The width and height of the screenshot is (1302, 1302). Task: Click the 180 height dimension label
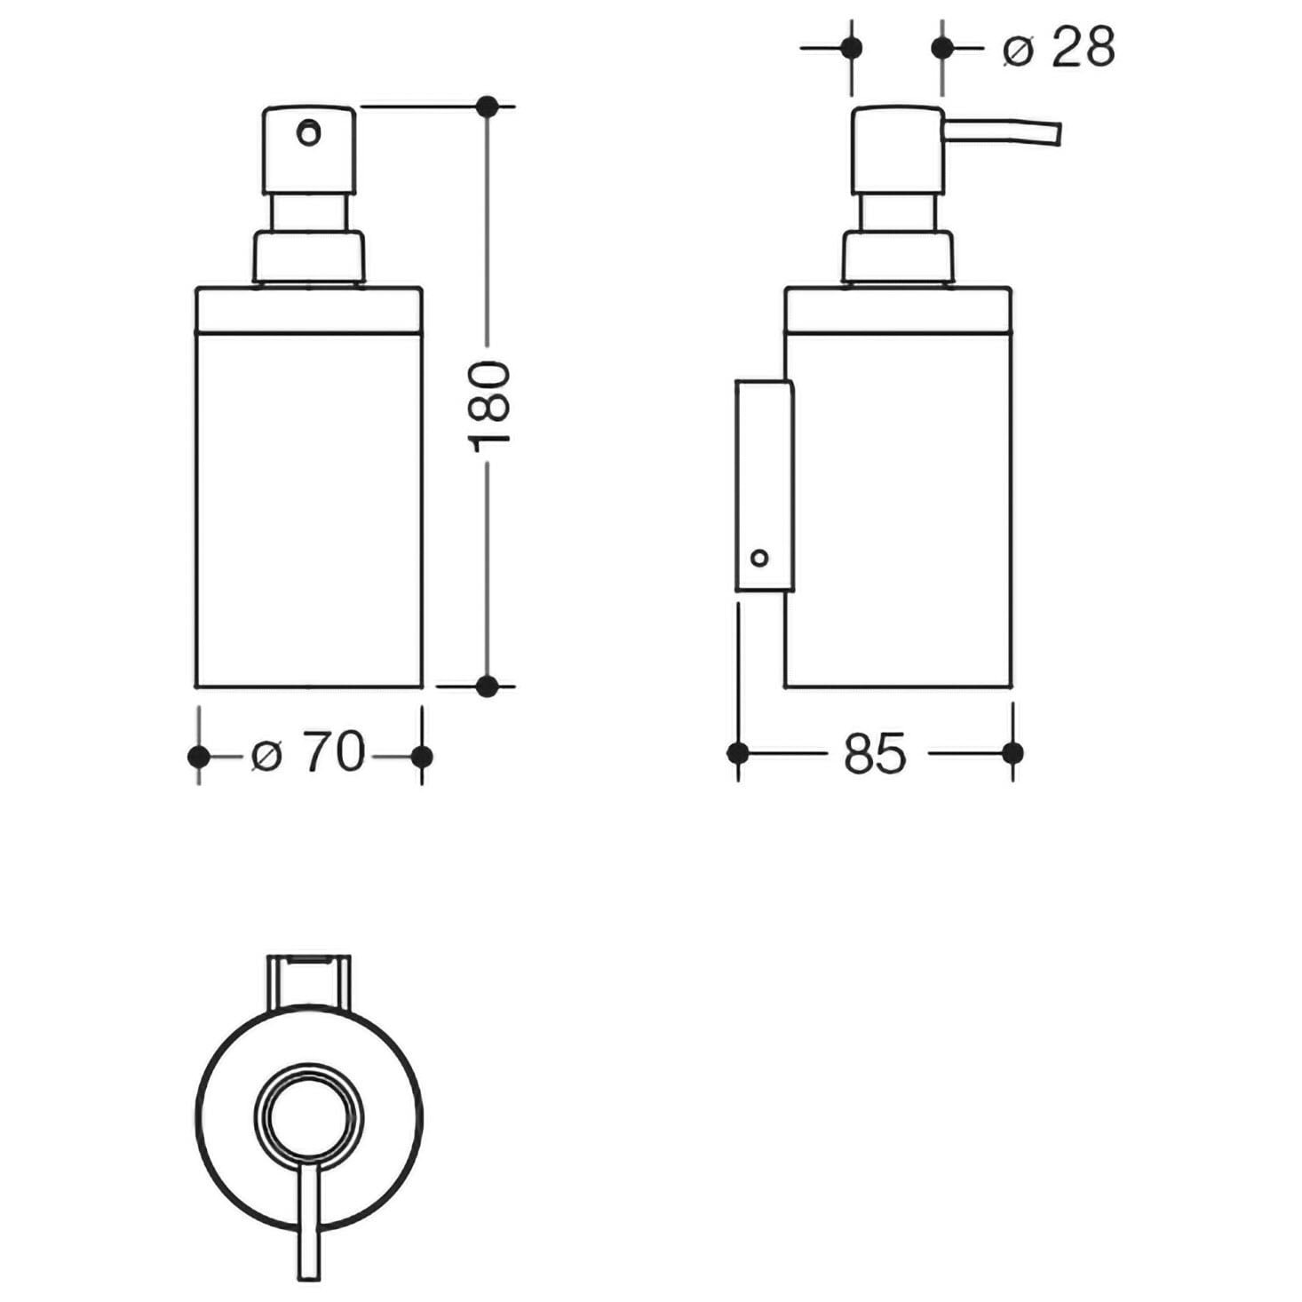tap(488, 407)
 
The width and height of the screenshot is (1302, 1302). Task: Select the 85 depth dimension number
tap(875, 752)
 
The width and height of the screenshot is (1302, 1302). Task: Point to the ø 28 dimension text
tap(1059, 47)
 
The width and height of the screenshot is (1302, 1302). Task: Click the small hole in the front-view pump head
tap(309, 131)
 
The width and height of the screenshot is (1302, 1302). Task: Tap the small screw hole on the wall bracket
tap(759, 558)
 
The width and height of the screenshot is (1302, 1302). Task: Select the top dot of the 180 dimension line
tap(488, 106)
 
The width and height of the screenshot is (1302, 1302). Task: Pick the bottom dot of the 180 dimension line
tap(488, 686)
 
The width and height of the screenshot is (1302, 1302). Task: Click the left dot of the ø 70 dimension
tap(199, 757)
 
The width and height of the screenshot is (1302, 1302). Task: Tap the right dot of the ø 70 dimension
tap(422, 757)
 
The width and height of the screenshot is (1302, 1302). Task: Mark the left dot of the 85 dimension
tap(738, 752)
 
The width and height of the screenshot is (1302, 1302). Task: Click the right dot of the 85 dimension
tap(1012, 752)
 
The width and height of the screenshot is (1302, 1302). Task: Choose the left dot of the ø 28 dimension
tap(852, 48)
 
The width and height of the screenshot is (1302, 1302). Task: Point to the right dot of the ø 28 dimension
tap(942, 48)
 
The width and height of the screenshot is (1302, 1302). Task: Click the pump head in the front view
tap(309, 150)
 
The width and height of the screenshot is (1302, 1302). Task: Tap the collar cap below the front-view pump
tap(309, 257)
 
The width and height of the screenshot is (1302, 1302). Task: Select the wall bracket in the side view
tap(764, 485)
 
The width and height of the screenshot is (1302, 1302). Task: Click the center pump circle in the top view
tap(309, 1117)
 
